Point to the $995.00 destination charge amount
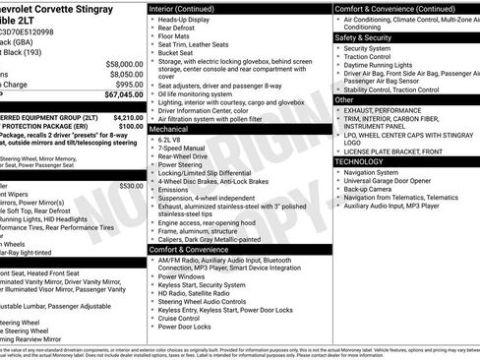click(124, 85)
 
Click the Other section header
click(345, 99)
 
